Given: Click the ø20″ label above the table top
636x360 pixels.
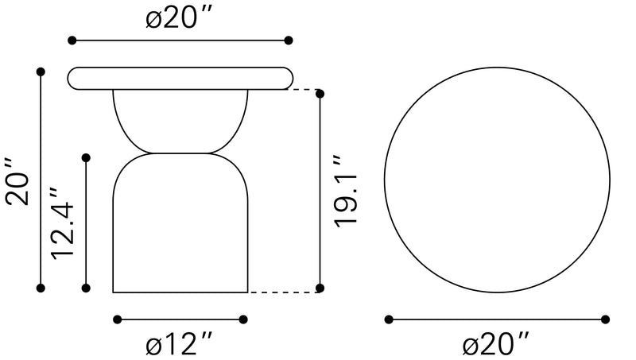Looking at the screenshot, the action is (x=179, y=17).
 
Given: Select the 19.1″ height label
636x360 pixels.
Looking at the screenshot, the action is (x=345, y=191).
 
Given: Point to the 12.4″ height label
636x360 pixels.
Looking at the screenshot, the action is (x=63, y=223).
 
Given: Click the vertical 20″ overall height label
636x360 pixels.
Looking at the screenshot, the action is (x=17, y=181).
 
